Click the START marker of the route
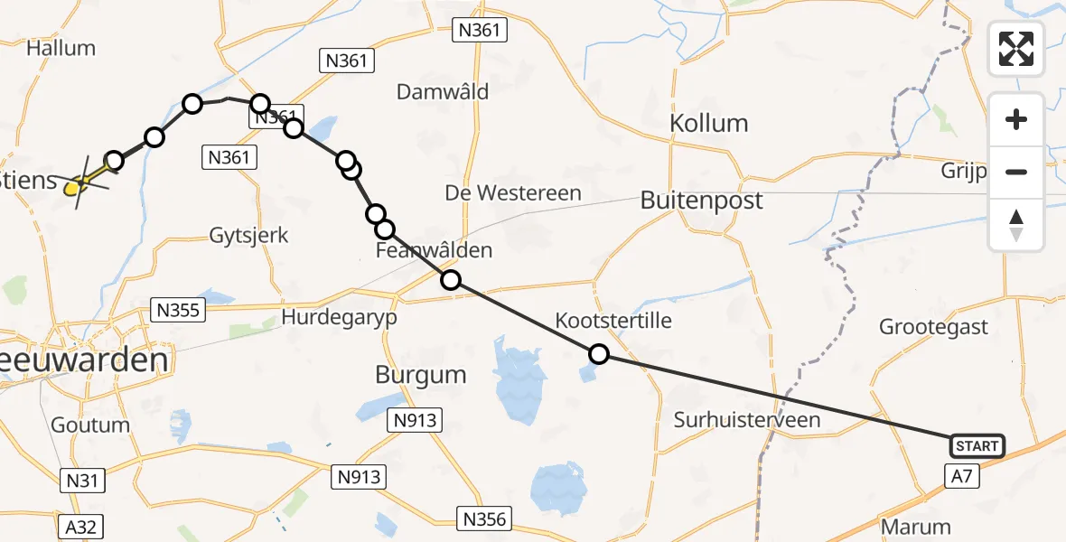point(977,446)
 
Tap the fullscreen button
point(1016,49)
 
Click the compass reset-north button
point(1016,225)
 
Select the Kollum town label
point(709,123)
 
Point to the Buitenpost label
point(701,201)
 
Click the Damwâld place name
point(443,91)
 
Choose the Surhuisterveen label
point(747,419)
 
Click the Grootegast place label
point(935,327)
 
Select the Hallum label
point(61,48)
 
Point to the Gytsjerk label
point(248,236)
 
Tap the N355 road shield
point(181,310)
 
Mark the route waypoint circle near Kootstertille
point(598,354)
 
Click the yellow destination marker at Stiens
point(76,186)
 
